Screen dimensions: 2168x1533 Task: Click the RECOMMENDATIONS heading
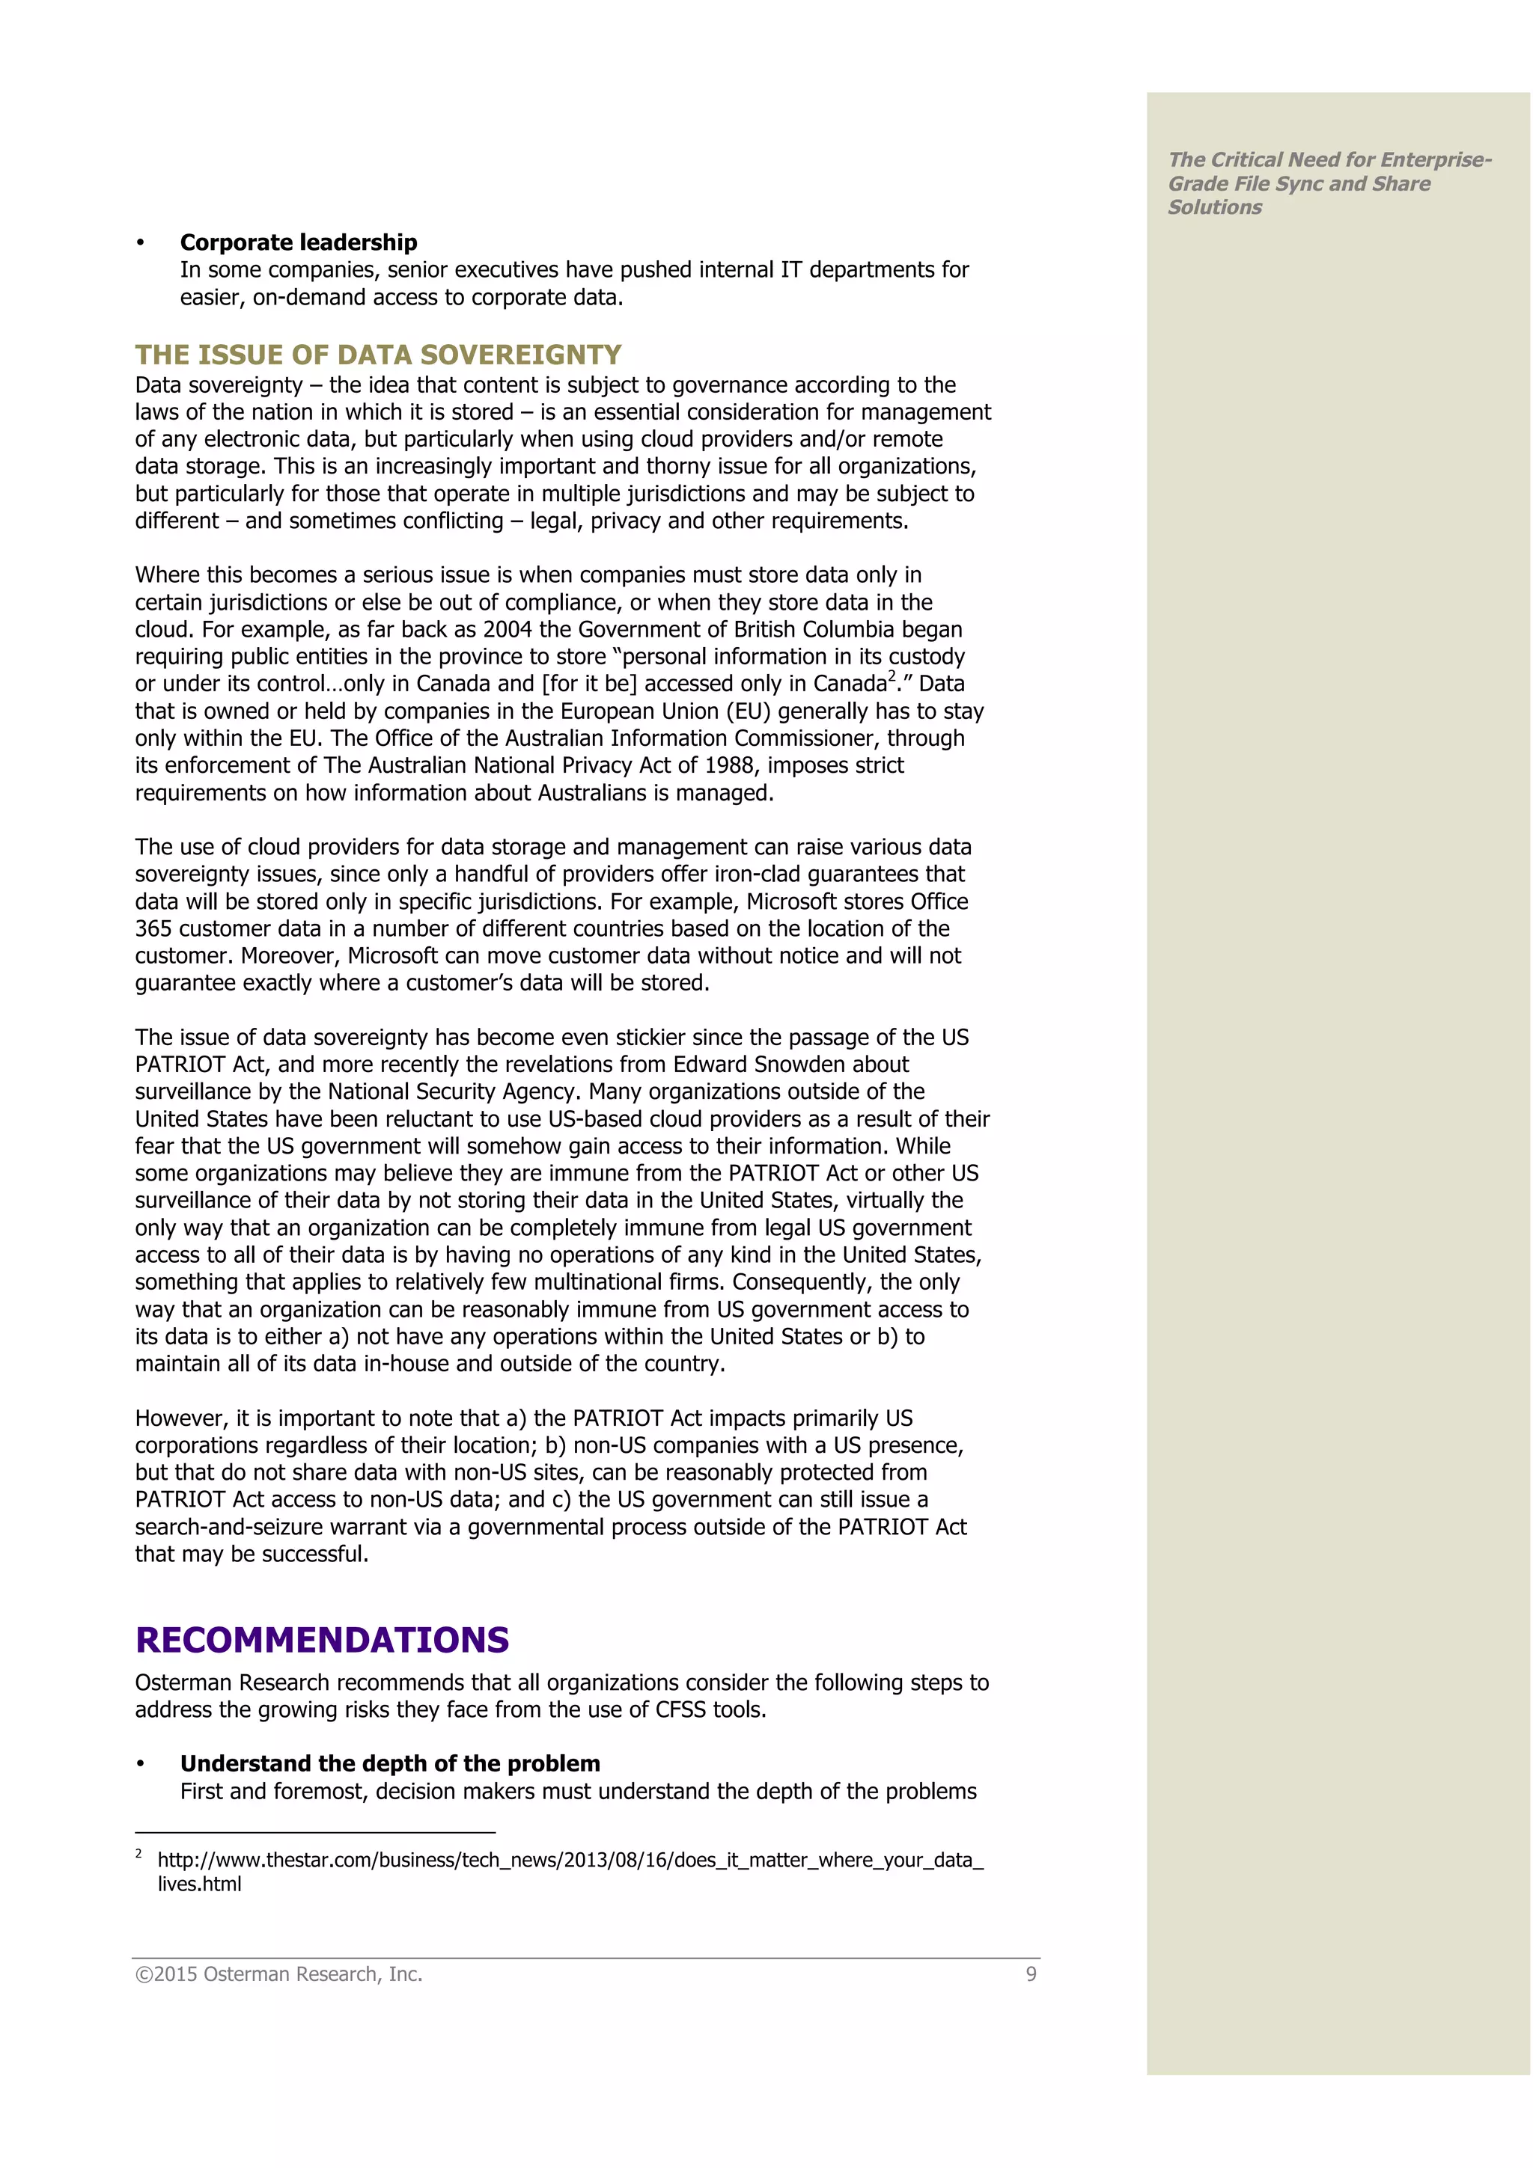[x=322, y=1640]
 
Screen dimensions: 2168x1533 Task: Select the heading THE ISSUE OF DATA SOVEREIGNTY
[x=378, y=355]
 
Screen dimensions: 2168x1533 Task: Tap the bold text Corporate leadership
[x=299, y=242]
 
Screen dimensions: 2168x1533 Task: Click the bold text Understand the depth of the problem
[x=390, y=1764]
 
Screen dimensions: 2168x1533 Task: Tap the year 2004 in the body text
[x=508, y=630]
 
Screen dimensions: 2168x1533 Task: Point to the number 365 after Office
[x=155, y=929]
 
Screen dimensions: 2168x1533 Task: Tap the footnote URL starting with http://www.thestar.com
[x=570, y=1861]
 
